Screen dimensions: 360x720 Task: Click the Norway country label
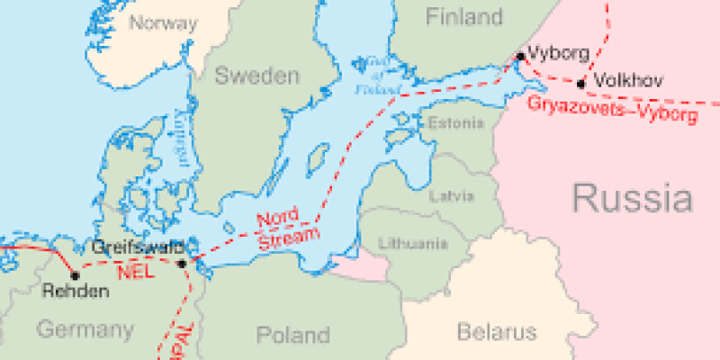tap(163, 22)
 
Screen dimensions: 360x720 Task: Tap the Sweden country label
tap(256, 76)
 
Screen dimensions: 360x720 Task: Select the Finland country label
tap(463, 16)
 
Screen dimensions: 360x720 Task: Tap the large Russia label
tap(633, 197)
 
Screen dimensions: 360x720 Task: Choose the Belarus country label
tap(496, 332)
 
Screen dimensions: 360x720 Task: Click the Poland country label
tap(292, 336)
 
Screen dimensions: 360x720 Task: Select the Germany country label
tap(85, 329)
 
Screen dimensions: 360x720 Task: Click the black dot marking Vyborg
tap(520, 57)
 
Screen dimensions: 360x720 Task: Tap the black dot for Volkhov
tap(580, 84)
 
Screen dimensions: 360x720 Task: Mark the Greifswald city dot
tap(182, 264)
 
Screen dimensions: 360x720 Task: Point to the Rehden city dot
tap(75, 275)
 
